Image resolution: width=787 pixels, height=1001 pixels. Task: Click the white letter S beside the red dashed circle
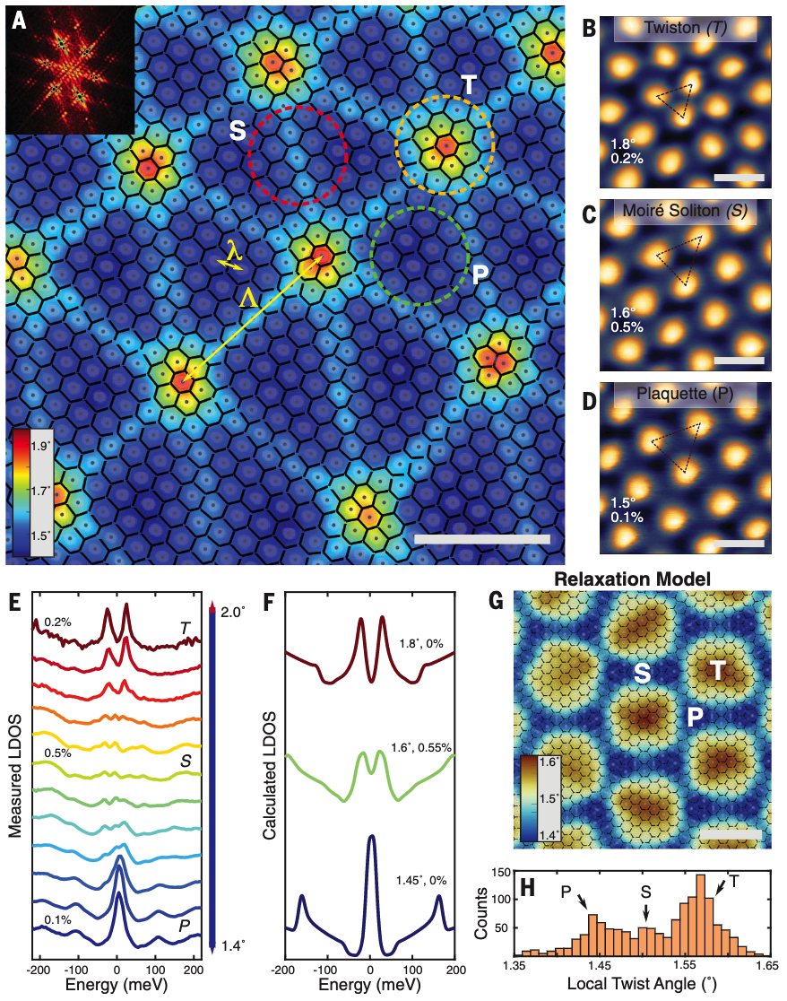[238, 130]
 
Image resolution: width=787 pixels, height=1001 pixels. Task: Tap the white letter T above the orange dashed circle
[469, 85]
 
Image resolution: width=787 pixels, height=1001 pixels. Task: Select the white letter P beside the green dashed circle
[480, 274]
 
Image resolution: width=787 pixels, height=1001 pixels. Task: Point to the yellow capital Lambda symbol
[249, 298]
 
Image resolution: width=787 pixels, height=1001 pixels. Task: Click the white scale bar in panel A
[482, 539]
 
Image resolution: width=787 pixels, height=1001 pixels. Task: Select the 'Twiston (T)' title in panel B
[685, 28]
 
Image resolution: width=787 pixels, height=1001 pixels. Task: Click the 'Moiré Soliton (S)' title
[685, 210]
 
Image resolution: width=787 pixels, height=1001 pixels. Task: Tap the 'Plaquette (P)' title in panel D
[685, 393]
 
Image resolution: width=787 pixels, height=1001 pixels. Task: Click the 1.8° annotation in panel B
[622, 144]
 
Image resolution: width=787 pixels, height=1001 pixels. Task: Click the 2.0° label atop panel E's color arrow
[233, 612]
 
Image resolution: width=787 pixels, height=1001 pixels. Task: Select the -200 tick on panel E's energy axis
[39, 970]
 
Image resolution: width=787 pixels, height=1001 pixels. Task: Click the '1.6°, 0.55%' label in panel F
[421, 747]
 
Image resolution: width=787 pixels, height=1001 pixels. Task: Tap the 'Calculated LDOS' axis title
[269, 775]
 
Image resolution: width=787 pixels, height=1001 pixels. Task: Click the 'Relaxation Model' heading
[632, 579]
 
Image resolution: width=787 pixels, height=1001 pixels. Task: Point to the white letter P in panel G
[695, 717]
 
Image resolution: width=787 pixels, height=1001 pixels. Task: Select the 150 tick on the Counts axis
[501, 873]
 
